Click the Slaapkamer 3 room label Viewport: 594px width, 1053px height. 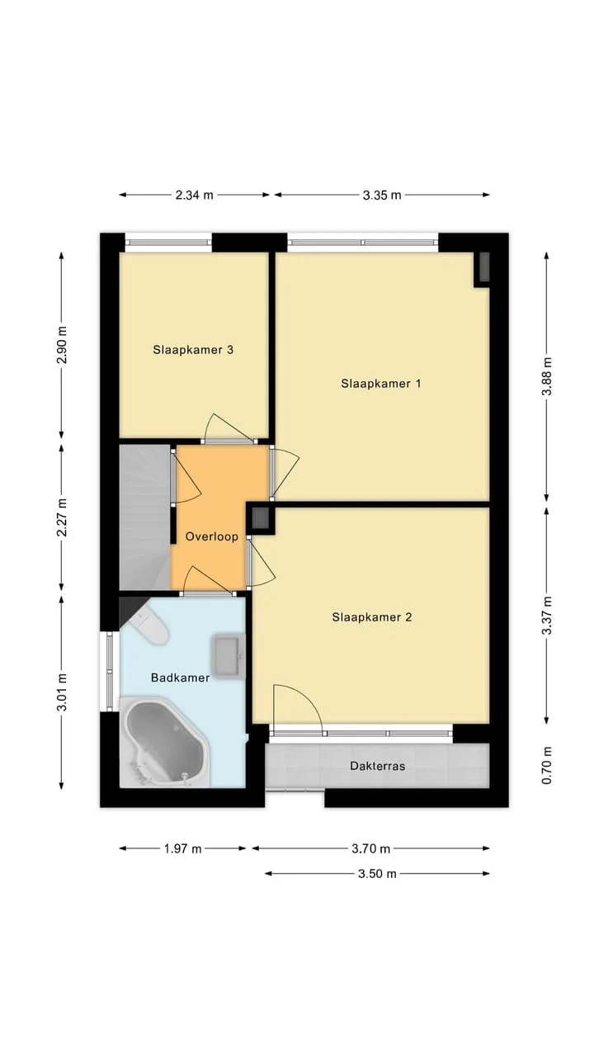tap(193, 350)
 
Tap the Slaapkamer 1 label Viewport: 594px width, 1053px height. tap(380, 384)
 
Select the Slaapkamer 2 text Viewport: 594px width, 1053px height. tap(372, 617)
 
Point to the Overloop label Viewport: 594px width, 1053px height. tap(211, 536)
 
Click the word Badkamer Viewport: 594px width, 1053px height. tap(180, 678)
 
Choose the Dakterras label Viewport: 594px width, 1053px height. tap(377, 766)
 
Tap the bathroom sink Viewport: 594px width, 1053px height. tap(229, 656)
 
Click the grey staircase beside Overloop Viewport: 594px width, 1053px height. tap(144, 517)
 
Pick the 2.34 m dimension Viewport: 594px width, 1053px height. tap(194, 195)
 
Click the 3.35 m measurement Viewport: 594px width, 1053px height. tap(382, 195)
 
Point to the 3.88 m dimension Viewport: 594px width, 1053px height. tap(546, 376)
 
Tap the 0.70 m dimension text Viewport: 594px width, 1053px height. tap(546, 765)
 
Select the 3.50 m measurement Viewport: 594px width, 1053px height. tap(377, 874)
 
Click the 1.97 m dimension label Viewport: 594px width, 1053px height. tap(183, 848)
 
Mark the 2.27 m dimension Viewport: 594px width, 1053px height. tap(62, 517)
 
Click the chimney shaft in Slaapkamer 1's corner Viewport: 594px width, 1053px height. tap(483, 267)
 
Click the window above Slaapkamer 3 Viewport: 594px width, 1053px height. tap(168, 242)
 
